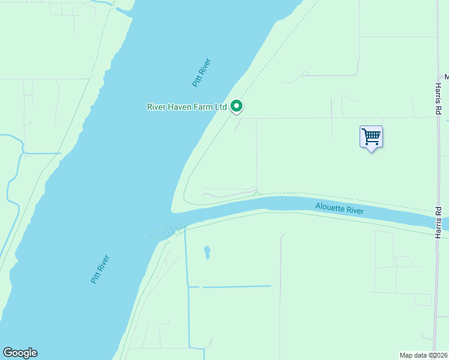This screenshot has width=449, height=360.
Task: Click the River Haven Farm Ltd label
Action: click(x=187, y=107)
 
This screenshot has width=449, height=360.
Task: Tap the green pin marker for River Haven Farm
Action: click(x=237, y=106)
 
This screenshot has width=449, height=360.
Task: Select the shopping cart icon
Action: click(x=371, y=136)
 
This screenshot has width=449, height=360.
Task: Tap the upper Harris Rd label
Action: click(x=439, y=100)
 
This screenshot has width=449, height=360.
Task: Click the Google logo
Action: click(x=20, y=353)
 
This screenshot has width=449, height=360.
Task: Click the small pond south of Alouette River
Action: click(x=208, y=251)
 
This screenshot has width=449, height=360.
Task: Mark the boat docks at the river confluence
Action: click(x=168, y=231)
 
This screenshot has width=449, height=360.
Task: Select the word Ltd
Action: click(x=221, y=107)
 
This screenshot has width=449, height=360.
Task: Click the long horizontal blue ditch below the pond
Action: click(x=237, y=286)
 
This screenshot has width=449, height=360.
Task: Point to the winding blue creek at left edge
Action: click(x=12, y=180)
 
